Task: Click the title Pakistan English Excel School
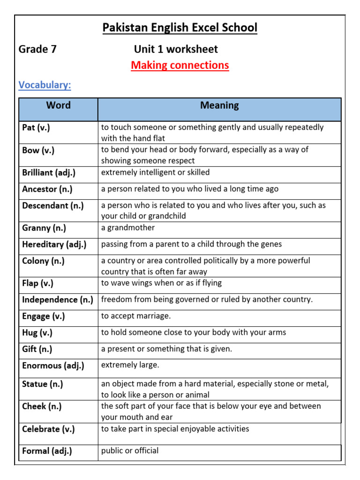(x=180, y=28)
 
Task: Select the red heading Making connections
(x=180, y=65)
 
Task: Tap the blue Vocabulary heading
(x=45, y=85)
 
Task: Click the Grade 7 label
(x=37, y=49)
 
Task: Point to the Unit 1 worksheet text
(x=176, y=49)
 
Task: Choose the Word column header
(x=59, y=105)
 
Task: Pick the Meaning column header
(x=219, y=105)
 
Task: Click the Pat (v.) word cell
(x=36, y=127)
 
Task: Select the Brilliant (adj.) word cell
(x=49, y=172)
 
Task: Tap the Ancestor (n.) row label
(x=47, y=189)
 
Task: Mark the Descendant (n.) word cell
(x=53, y=205)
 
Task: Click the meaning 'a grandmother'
(x=128, y=228)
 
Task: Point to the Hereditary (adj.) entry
(x=54, y=244)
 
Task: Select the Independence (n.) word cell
(x=58, y=300)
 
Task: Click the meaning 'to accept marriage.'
(x=136, y=316)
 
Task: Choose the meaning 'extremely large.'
(x=130, y=365)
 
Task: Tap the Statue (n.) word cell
(x=43, y=384)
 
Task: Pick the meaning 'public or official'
(x=130, y=450)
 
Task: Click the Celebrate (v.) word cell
(x=48, y=429)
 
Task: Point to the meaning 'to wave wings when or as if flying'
(x=161, y=283)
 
